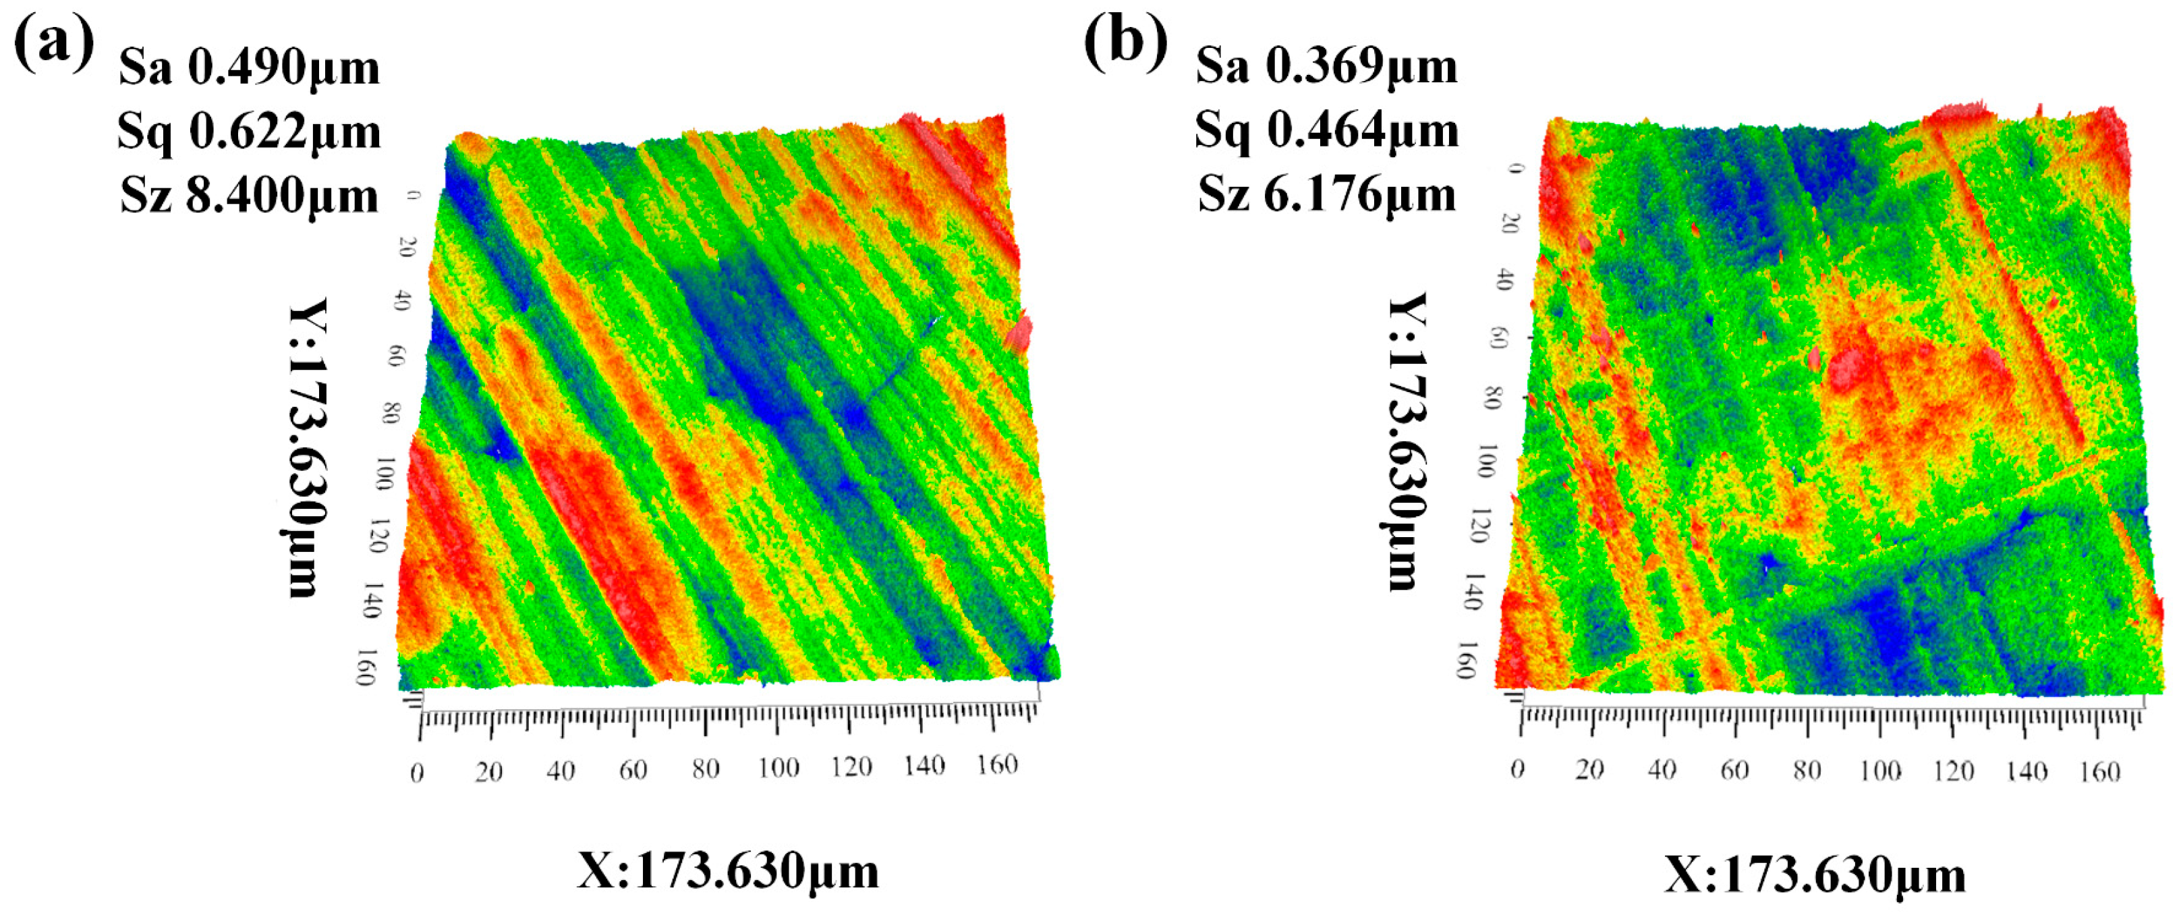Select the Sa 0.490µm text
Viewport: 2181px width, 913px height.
click(x=249, y=67)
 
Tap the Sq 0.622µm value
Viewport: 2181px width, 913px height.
click(x=249, y=132)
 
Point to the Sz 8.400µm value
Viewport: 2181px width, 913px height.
click(x=249, y=196)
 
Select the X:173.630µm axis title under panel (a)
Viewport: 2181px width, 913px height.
click(x=728, y=870)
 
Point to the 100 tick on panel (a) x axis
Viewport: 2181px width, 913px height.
click(x=777, y=768)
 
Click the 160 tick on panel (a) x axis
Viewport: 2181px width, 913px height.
click(x=996, y=765)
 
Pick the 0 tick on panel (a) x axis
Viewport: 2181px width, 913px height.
click(x=416, y=773)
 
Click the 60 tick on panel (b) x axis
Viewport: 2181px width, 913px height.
click(x=1734, y=770)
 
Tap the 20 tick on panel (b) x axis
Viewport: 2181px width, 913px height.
click(x=1589, y=770)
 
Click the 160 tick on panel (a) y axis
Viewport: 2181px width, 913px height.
click(x=364, y=667)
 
